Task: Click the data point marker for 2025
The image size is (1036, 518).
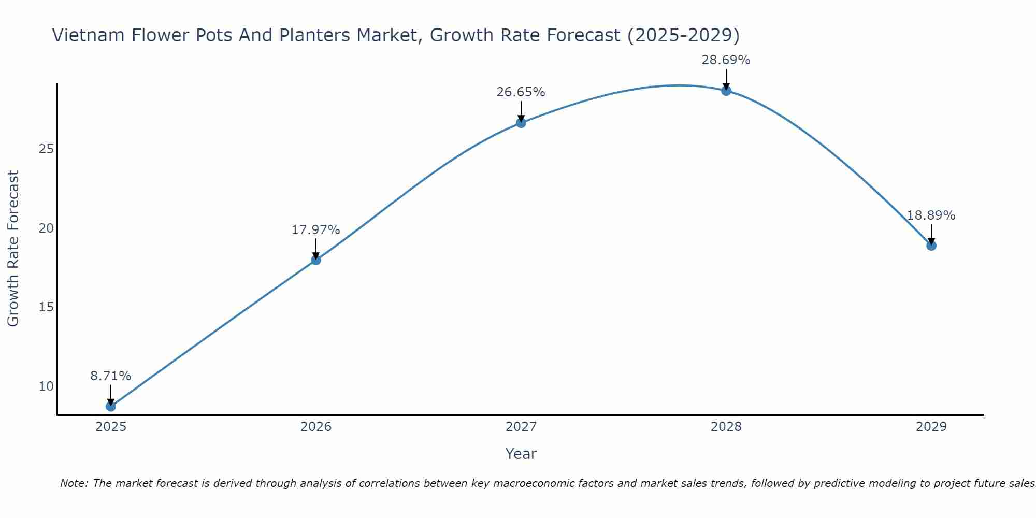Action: point(110,407)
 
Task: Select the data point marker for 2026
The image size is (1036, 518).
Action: point(315,260)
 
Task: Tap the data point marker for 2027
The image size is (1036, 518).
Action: point(521,123)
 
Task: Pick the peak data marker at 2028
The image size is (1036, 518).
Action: point(726,91)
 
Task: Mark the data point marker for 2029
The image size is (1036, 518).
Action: point(931,246)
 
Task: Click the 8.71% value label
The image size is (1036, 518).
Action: point(110,376)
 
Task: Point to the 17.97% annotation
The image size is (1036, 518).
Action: point(315,230)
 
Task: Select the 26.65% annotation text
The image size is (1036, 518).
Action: point(521,92)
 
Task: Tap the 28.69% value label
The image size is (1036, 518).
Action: point(726,60)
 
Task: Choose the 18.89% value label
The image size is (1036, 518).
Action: point(931,215)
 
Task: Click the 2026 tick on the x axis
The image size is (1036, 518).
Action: point(316,427)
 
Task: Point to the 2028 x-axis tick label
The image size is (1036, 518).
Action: point(726,427)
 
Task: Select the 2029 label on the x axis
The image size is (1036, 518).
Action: point(931,427)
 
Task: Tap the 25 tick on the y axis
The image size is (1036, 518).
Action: point(46,149)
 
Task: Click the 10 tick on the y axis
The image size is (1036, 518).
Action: point(46,386)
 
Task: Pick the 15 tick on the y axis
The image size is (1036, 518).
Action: point(46,307)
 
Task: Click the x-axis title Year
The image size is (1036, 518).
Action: point(521,454)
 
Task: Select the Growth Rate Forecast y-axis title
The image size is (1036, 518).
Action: point(13,248)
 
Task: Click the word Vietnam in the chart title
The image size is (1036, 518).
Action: point(88,35)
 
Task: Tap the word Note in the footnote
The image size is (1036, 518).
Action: point(74,483)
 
